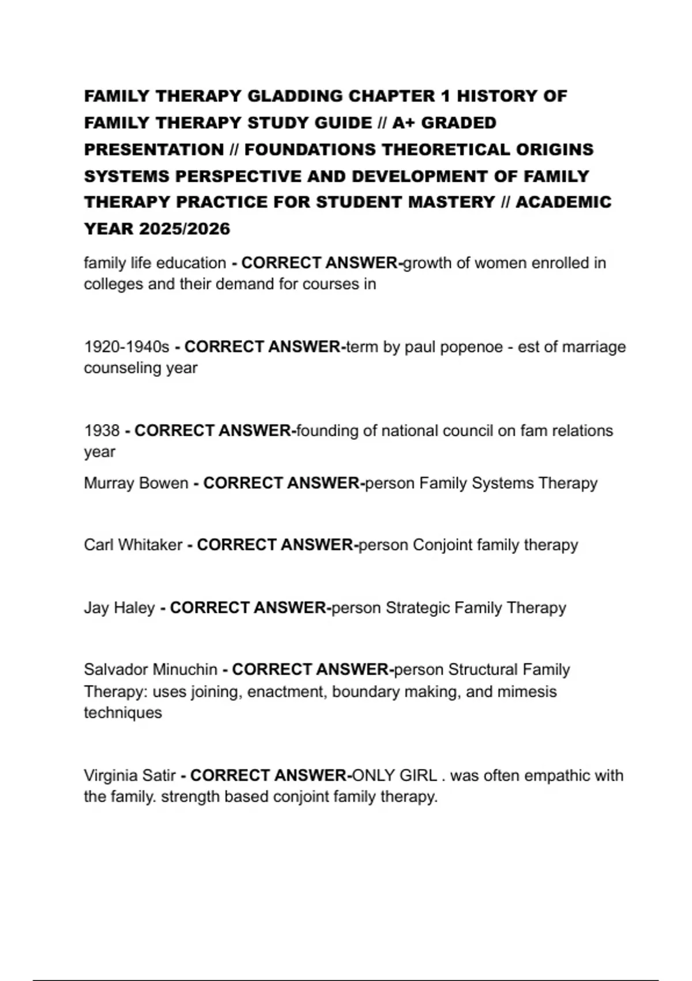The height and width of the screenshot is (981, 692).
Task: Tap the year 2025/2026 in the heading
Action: click(185, 229)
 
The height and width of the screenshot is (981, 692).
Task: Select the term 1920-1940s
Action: click(126, 347)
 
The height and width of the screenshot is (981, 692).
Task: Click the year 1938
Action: click(101, 430)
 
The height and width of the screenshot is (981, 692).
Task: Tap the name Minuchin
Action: click(183, 669)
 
